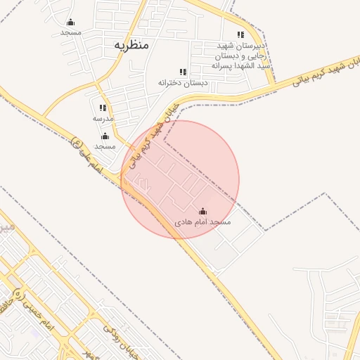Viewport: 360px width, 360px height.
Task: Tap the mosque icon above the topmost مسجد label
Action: point(70,22)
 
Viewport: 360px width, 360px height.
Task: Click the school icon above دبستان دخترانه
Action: point(183,72)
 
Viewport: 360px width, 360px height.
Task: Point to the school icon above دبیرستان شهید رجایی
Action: point(240,34)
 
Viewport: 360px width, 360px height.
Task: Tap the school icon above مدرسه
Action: point(103,108)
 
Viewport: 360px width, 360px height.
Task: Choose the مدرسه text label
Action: point(103,119)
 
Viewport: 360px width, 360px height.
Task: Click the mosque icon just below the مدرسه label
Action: point(105,136)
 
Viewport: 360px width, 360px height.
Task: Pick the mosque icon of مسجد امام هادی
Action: point(203,211)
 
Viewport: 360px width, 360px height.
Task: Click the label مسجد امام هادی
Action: point(203,222)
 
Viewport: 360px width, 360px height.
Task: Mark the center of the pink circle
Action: point(180,179)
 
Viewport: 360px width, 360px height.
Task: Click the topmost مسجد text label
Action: point(70,33)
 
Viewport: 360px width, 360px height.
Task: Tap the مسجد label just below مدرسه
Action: point(105,146)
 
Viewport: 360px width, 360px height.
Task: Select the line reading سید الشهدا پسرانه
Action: point(241,65)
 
